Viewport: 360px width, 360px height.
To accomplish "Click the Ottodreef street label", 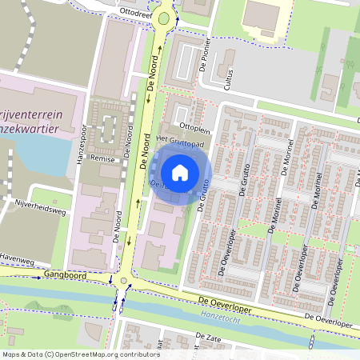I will click(x=134, y=13).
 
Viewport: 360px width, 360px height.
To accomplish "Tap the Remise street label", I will click(x=105, y=159).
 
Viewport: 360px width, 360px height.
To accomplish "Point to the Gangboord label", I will click(x=65, y=274).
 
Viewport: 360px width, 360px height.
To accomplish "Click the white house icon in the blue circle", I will click(x=180, y=172).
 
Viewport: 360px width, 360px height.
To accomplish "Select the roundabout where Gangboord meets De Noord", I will click(x=122, y=281).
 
